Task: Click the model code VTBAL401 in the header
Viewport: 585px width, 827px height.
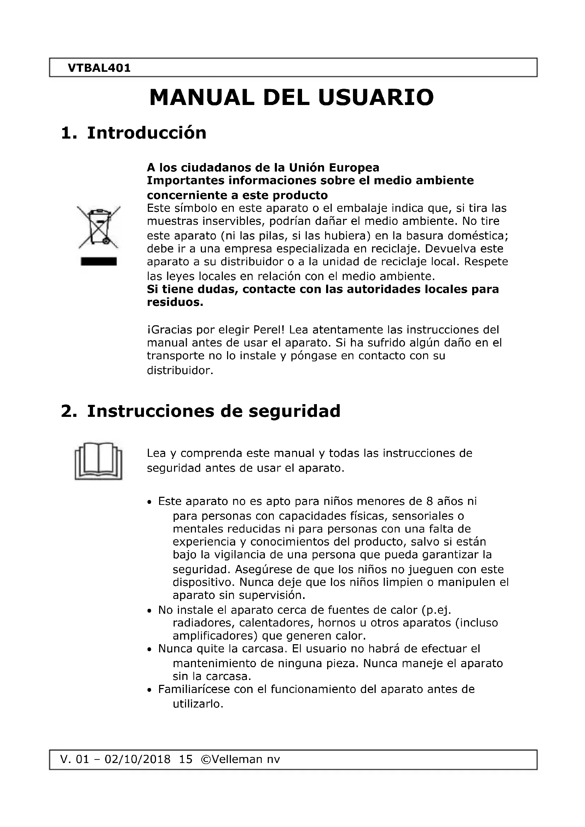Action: coord(99,68)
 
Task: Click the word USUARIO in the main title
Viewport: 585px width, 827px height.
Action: coord(376,98)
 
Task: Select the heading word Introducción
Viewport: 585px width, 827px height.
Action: coord(147,133)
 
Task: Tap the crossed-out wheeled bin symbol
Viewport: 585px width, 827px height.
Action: coord(98,227)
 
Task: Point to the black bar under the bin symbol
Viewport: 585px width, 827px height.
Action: coord(99,262)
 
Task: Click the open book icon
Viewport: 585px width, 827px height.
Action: coord(98,461)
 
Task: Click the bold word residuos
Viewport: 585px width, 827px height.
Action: coord(175,302)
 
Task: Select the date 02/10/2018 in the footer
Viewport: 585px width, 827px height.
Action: coord(137,759)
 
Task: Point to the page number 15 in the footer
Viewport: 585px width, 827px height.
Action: coord(186,759)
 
